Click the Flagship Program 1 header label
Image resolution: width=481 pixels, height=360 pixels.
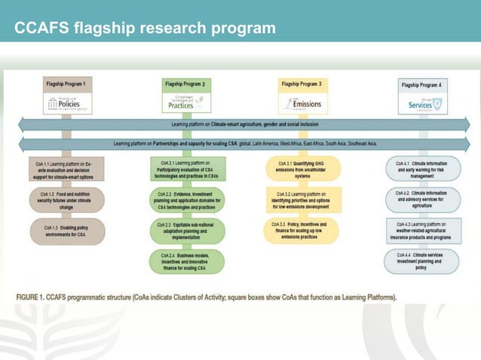tap(68, 84)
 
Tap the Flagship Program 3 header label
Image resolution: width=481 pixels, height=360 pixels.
tap(299, 84)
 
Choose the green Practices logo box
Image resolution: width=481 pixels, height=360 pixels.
tap(184, 102)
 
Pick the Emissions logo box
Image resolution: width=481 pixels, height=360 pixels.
tap(300, 104)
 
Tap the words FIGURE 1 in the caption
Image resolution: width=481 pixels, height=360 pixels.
tap(39, 295)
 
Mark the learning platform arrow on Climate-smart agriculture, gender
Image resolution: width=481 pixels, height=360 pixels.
tap(241, 124)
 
